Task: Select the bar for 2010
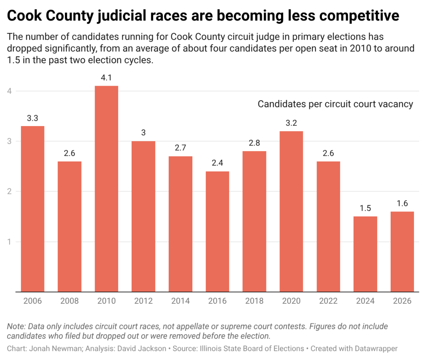107,189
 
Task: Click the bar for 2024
365,254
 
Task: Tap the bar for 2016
217,231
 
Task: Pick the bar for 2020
291,211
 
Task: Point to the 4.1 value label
107,77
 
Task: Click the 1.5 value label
365,208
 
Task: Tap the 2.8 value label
254,142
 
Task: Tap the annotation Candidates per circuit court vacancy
335,104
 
